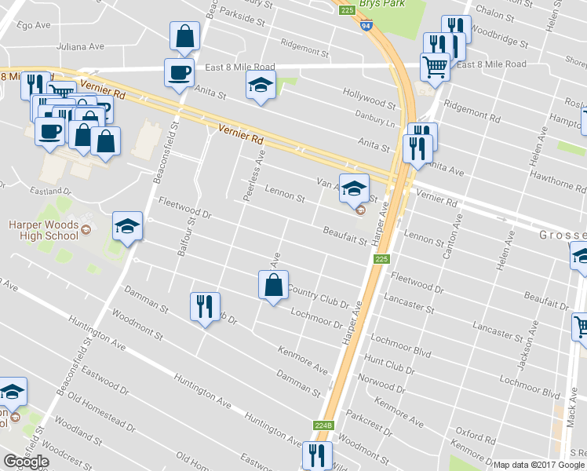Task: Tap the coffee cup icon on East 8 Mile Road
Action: (179, 73)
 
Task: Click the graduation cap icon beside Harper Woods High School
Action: (127, 227)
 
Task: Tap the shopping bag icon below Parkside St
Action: (184, 36)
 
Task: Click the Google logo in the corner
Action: (27, 462)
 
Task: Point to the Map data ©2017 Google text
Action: (539, 465)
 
